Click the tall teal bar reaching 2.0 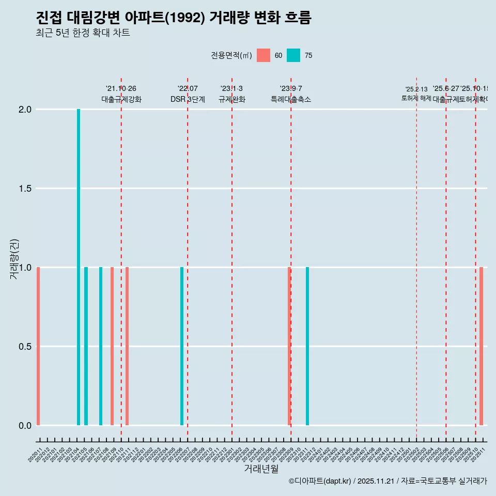tap(79, 267)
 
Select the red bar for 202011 tap(38, 346)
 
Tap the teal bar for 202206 tap(182, 346)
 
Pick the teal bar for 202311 tap(307, 346)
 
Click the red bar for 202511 tap(481, 346)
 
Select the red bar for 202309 tap(289, 346)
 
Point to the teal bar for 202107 tap(101, 346)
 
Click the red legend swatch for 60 tap(263, 55)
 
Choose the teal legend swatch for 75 tap(293, 55)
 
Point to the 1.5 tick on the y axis tap(25, 189)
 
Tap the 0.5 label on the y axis tap(25, 347)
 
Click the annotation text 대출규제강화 tap(121, 100)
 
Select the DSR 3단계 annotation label tap(188, 100)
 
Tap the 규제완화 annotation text tap(231, 100)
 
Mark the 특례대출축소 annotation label tap(291, 100)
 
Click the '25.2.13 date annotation tap(416, 89)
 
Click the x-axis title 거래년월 tap(261, 469)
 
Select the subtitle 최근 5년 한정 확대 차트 tap(83, 33)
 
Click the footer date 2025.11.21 tap(376, 482)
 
